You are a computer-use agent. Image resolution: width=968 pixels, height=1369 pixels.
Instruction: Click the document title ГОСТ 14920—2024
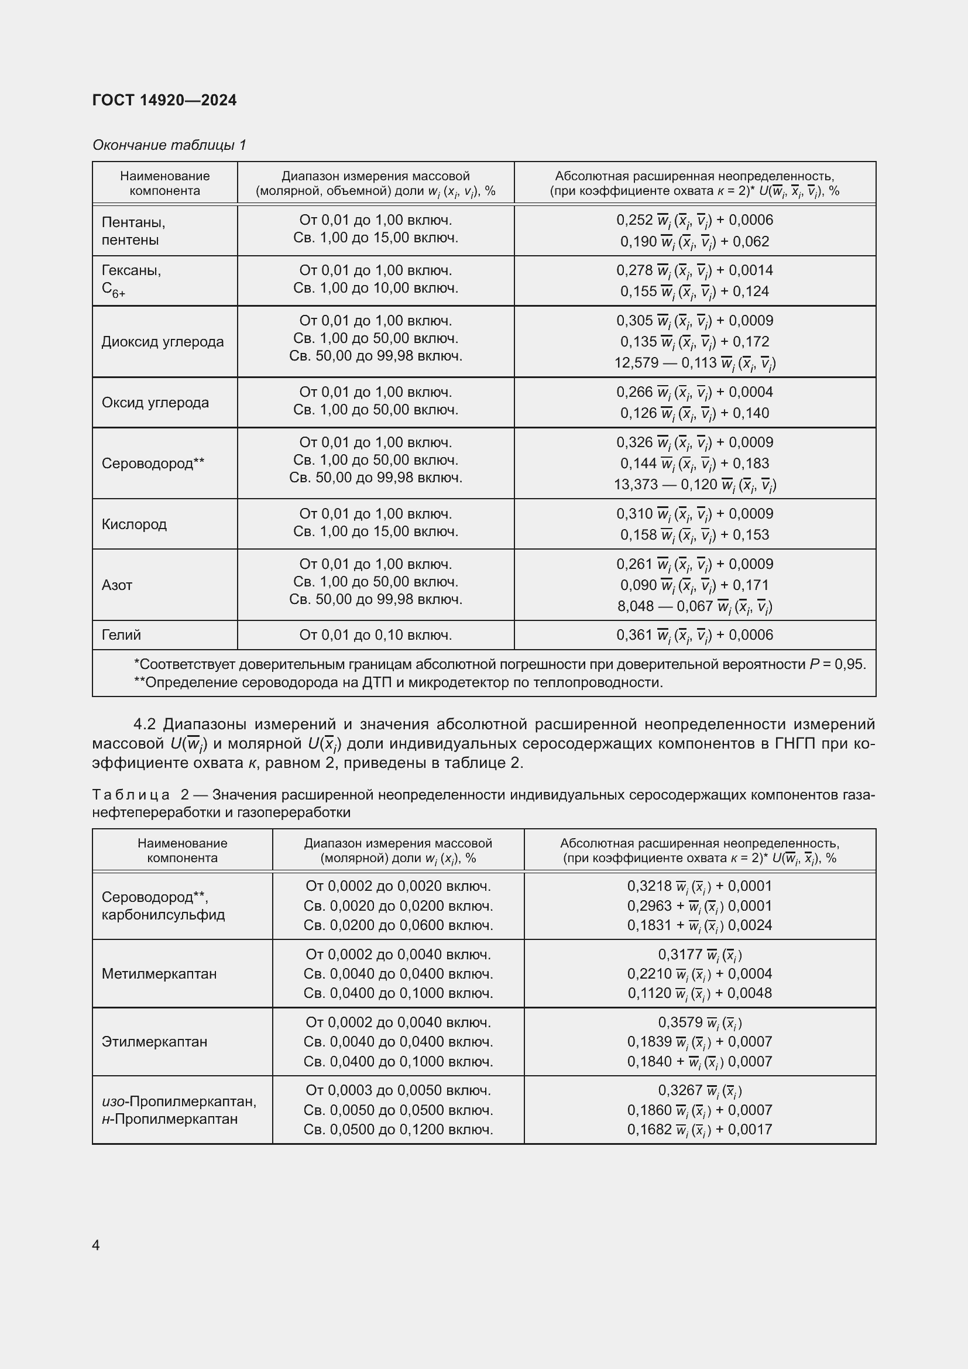click(164, 100)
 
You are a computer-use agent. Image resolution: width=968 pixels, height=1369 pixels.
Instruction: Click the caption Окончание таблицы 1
click(169, 145)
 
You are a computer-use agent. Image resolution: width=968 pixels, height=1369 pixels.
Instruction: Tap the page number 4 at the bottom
click(96, 1245)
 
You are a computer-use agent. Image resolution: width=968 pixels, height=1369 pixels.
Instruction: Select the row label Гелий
click(121, 634)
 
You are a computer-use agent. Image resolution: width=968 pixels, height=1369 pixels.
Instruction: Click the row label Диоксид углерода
click(163, 342)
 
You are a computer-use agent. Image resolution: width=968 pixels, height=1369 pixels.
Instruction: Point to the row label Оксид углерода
click(155, 403)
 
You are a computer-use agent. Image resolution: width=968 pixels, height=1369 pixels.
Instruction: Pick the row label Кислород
click(134, 524)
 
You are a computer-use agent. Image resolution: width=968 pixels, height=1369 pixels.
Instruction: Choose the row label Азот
click(117, 585)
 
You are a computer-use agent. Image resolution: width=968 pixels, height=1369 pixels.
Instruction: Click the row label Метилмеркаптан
click(159, 974)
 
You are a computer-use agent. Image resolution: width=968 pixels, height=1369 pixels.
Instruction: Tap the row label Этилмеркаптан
click(155, 1042)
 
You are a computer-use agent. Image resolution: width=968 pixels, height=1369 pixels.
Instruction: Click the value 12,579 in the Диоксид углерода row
click(636, 362)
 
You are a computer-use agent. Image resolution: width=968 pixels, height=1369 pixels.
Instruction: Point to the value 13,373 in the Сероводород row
click(636, 484)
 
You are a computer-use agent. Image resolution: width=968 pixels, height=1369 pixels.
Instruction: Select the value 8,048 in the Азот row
click(636, 606)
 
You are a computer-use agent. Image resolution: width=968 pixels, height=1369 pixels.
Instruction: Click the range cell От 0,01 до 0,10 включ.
click(376, 635)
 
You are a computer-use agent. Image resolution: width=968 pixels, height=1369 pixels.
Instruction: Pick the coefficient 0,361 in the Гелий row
click(634, 635)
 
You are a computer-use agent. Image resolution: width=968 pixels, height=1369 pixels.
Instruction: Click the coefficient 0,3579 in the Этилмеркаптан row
click(680, 1022)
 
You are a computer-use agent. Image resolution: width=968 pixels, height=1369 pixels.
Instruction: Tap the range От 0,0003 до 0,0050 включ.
click(398, 1090)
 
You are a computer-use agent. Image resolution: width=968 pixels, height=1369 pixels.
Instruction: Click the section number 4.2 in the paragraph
click(144, 725)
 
